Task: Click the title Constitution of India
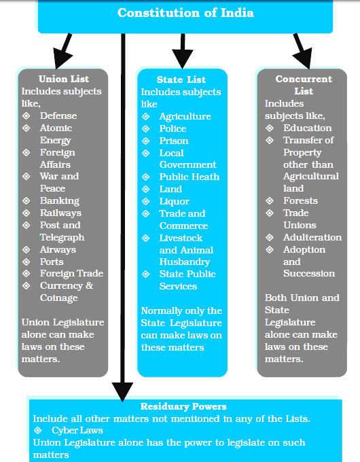click(x=185, y=13)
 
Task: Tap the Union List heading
click(x=64, y=79)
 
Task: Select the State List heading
click(x=181, y=79)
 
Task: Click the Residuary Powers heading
click(x=183, y=406)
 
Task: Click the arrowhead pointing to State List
click(x=182, y=58)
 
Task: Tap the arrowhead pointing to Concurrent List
click(x=304, y=58)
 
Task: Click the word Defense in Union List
click(x=58, y=115)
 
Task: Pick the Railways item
click(x=60, y=213)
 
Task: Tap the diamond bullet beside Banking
click(x=26, y=200)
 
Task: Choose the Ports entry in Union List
click(x=52, y=262)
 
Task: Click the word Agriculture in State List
click(x=185, y=116)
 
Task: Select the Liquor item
click(x=174, y=201)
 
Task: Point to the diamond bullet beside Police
click(x=146, y=129)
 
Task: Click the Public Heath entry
click(x=190, y=177)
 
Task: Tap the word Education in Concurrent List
click(x=308, y=128)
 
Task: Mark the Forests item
click(x=300, y=200)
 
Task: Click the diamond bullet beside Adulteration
click(x=270, y=238)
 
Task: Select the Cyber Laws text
click(x=77, y=431)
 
